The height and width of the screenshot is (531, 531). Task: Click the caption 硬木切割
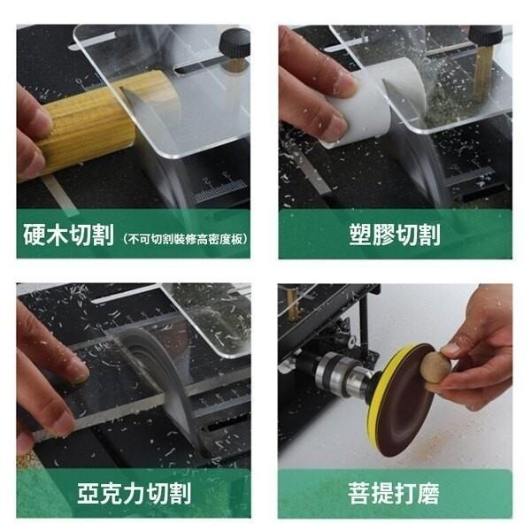[68, 236]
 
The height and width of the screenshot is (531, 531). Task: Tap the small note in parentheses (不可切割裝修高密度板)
[185, 239]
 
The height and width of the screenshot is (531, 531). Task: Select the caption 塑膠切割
[395, 235]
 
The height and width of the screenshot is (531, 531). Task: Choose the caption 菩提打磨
[395, 493]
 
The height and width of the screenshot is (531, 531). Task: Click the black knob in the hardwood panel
[235, 41]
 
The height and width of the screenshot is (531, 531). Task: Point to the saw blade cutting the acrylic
[159, 372]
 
